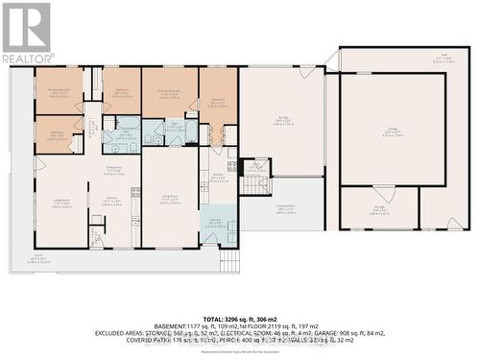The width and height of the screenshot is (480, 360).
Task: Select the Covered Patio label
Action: tap(285, 207)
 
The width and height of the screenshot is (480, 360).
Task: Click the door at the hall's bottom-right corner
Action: tap(454, 222)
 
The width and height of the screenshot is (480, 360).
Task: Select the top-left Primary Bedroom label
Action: tap(59, 93)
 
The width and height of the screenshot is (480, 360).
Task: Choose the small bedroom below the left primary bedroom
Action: tap(59, 134)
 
